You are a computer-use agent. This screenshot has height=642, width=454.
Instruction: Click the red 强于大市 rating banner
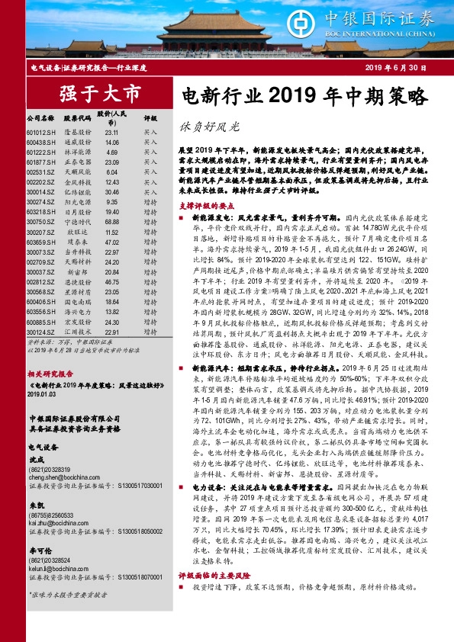coord(92,94)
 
